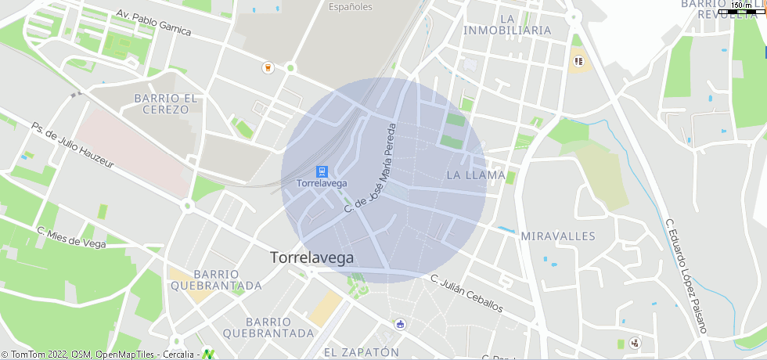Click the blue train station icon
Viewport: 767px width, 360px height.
click(x=321, y=171)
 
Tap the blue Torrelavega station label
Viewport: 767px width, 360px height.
click(x=321, y=184)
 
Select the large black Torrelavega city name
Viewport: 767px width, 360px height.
click(x=311, y=257)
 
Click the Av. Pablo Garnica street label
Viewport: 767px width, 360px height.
click(x=153, y=23)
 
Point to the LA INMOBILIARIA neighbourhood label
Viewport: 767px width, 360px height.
click(x=507, y=24)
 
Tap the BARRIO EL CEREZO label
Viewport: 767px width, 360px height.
click(x=166, y=103)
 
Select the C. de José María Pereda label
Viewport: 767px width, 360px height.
click(x=371, y=167)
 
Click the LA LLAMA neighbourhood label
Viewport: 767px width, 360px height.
click(x=476, y=175)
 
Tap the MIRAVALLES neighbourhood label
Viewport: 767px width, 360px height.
click(x=558, y=236)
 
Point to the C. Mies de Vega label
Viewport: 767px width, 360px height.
click(x=71, y=236)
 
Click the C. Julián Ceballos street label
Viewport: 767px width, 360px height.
click(x=466, y=293)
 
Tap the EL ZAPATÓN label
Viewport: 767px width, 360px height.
click(x=362, y=352)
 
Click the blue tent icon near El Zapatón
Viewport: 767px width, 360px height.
click(x=401, y=323)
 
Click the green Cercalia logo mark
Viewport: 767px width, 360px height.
click(x=208, y=354)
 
